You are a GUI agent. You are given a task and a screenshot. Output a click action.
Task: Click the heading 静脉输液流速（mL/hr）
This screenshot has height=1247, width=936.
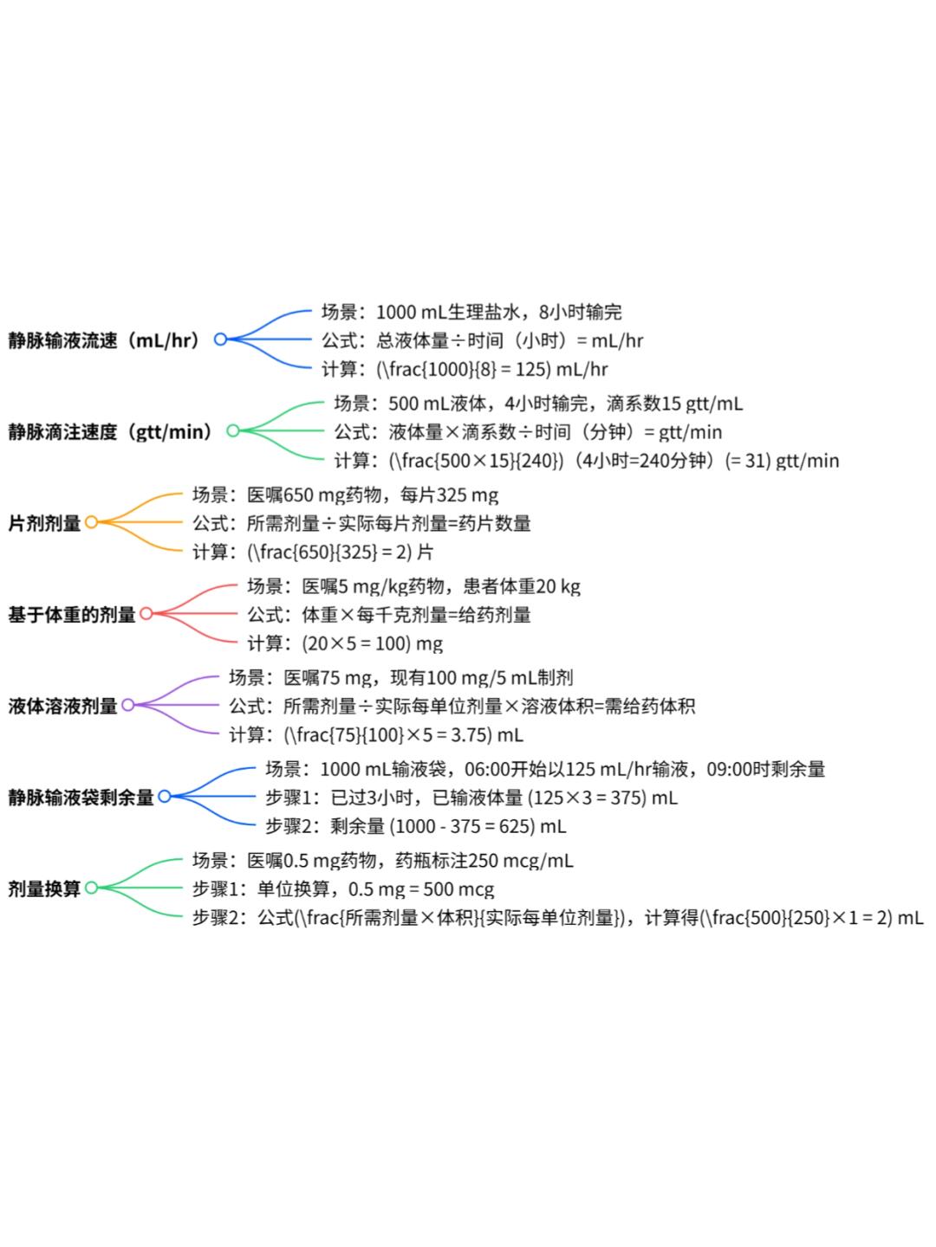pos(105,340)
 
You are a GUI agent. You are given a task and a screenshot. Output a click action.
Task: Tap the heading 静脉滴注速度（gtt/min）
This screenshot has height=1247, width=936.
pos(111,431)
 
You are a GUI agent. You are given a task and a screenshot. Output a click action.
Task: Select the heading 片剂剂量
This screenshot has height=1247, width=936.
pos(44,523)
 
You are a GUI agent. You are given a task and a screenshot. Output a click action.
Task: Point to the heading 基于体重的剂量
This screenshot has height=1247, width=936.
pos(72,615)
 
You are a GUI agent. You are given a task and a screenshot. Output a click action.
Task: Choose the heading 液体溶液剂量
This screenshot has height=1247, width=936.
pos(62,706)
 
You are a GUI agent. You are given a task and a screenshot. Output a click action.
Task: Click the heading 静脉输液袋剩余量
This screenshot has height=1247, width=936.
pos(81,798)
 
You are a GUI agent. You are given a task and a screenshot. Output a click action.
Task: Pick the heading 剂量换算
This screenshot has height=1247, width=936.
pos(44,888)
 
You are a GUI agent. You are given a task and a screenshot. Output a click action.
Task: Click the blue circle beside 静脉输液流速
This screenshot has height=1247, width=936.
pos(220,339)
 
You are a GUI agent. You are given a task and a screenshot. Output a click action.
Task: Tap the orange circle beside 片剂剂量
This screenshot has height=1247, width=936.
pos(91,522)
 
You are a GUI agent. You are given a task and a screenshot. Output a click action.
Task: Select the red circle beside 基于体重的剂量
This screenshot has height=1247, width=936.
pos(146,614)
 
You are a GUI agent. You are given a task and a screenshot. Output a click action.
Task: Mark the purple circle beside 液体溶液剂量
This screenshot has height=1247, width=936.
pos(127,705)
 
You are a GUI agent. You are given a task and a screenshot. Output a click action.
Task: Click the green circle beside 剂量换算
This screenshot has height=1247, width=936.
pos(91,888)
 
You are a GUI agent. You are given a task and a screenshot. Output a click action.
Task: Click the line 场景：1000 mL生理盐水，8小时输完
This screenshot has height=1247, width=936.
pos(471,312)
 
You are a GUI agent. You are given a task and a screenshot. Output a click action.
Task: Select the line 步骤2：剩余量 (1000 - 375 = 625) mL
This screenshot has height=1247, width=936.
pos(415,826)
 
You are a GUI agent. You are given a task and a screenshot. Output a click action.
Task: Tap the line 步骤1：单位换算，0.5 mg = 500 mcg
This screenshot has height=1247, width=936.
pos(343,889)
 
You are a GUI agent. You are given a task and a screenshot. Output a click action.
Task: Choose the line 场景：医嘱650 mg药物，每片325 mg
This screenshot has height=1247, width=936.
pos(345,495)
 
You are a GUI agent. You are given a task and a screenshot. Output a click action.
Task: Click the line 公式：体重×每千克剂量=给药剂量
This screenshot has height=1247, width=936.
pos(389,615)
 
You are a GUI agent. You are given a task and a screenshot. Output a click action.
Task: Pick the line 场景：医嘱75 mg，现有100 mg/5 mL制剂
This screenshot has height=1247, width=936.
pos(400,677)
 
